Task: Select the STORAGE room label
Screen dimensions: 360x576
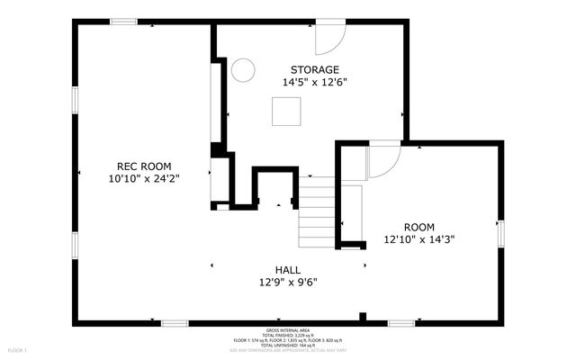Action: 314,69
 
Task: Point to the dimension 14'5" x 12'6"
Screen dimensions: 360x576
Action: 314,82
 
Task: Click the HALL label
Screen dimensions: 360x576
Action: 288,269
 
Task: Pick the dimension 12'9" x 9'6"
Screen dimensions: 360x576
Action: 288,282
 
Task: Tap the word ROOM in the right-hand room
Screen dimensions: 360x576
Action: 418,227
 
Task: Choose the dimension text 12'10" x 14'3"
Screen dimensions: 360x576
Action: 418,239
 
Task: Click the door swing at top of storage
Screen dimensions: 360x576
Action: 329,38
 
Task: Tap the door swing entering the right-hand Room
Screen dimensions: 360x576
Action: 384,160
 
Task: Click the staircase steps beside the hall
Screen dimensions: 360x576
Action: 317,211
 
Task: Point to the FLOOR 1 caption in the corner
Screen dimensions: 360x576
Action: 18,349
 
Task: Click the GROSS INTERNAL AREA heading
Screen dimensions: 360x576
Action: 289,330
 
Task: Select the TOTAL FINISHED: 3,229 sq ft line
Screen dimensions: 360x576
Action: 289,336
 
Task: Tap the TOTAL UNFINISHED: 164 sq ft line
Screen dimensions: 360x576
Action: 289,346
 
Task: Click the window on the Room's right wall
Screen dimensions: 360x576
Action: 500,232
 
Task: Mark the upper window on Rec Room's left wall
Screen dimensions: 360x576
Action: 76,101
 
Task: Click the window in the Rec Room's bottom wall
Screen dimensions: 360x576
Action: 175,321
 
